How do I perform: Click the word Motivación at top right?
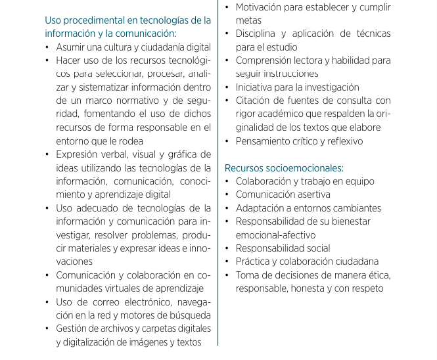point(263,7)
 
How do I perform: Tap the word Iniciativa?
point(258,87)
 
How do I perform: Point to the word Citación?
point(255,101)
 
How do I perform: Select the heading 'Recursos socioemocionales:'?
point(284,168)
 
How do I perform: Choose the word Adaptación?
point(263,208)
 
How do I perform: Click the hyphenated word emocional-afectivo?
point(275,235)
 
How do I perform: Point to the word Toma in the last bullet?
point(248,275)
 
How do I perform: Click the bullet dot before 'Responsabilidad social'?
point(227,248)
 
